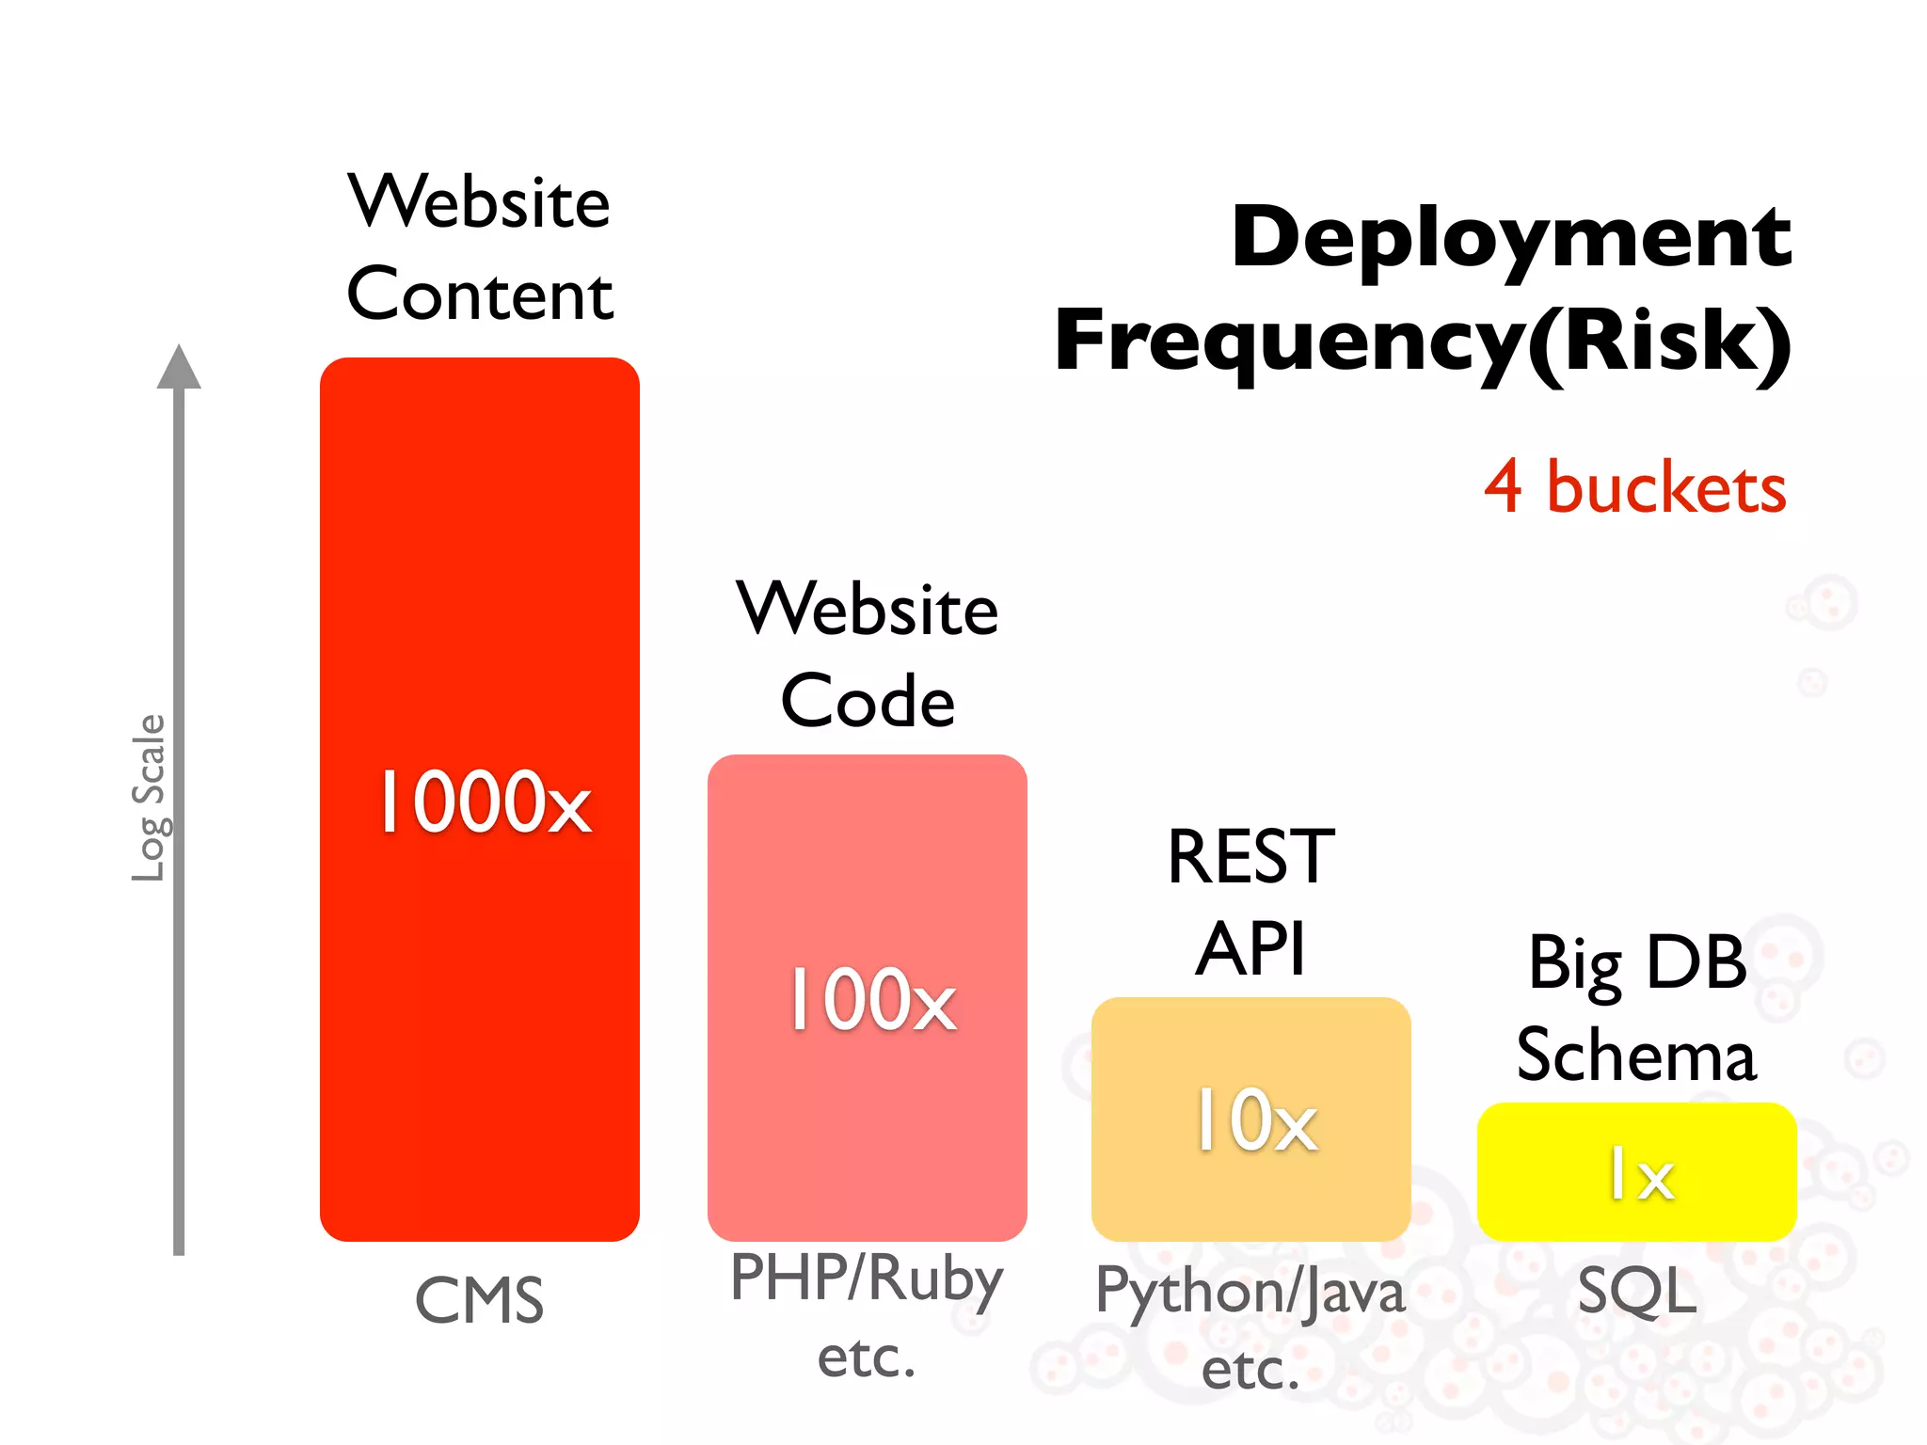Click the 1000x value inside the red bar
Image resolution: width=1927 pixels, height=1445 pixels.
click(x=485, y=802)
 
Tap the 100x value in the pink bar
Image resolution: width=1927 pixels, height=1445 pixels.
click(x=872, y=1000)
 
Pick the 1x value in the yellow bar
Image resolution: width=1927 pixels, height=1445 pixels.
click(x=1641, y=1174)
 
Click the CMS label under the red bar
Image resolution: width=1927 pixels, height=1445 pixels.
click(x=480, y=1301)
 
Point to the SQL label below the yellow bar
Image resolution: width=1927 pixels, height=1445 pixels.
click(x=1637, y=1291)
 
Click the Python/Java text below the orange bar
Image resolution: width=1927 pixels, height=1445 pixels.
click(x=1250, y=1292)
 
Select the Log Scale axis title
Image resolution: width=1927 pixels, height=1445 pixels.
click(x=149, y=798)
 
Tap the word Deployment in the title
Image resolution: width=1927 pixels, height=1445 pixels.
click(x=1511, y=237)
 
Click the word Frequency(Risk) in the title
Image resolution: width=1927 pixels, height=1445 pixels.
click(x=1423, y=341)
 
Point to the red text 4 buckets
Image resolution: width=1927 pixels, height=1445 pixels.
click(x=1635, y=488)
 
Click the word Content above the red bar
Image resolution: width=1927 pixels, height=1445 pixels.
click(x=480, y=294)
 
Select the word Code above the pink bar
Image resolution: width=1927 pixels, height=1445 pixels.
click(x=868, y=702)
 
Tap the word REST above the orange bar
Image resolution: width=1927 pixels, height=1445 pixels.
click(x=1250, y=857)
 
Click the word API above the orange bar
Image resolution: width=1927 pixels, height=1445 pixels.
click(x=1250, y=949)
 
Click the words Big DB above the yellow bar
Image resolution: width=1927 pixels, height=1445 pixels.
click(x=1637, y=963)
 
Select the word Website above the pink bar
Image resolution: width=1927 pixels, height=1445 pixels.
click(x=868, y=610)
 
